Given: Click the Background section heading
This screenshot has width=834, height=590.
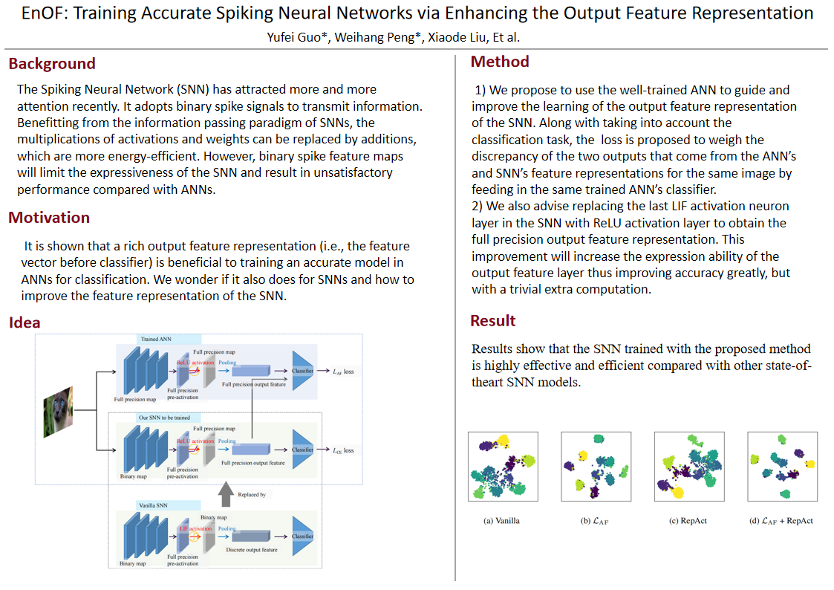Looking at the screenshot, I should pyautogui.click(x=52, y=64).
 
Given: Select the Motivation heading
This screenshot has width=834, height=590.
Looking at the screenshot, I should pyautogui.click(x=49, y=218).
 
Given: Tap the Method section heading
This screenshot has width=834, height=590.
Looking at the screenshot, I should pyautogui.click(x=500, y=62).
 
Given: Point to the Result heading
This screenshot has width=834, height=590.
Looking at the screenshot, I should pyautogui.click(x=493, y=321).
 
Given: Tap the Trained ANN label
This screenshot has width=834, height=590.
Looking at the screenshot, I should pyautogui.click(x=157, y=340).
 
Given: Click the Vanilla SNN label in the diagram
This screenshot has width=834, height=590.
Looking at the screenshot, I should pyautogui.click(x=153, y=505).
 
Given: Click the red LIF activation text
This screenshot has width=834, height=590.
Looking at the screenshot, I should pyautogui.click(x=196, y=528).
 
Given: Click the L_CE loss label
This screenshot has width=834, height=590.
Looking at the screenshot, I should pyautogui.click(x=343, y=450).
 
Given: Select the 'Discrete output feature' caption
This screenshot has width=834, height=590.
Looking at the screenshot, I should pyautogui.click(x=252, y=550).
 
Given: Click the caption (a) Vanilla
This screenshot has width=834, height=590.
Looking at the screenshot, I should pyautogui.click(x=501, y=521).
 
